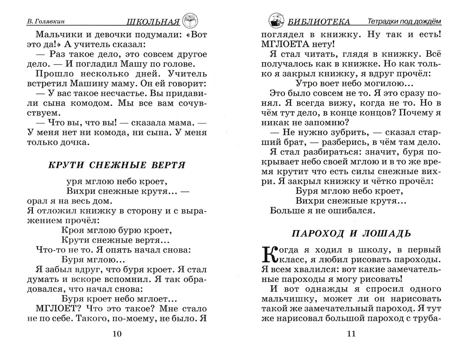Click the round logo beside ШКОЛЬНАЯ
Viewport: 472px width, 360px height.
click(190, 21)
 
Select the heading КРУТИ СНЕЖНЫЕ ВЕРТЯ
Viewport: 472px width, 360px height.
click(116, 165)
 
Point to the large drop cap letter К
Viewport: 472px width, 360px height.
click(270, 254)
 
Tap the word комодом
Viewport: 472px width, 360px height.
click(113, 105)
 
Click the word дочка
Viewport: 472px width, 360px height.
click(75, 142)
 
